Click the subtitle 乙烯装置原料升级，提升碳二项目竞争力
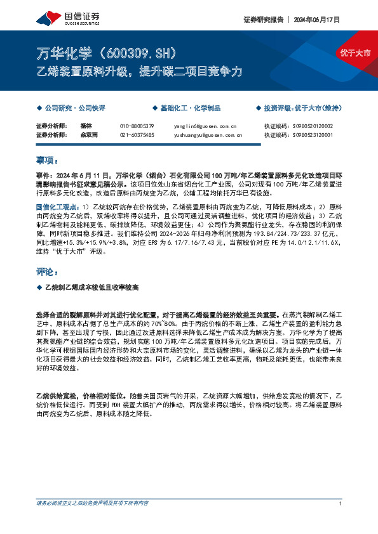(x=138, y=72)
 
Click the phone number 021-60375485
(x=137, y=135)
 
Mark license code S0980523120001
(x=314, y=135)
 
